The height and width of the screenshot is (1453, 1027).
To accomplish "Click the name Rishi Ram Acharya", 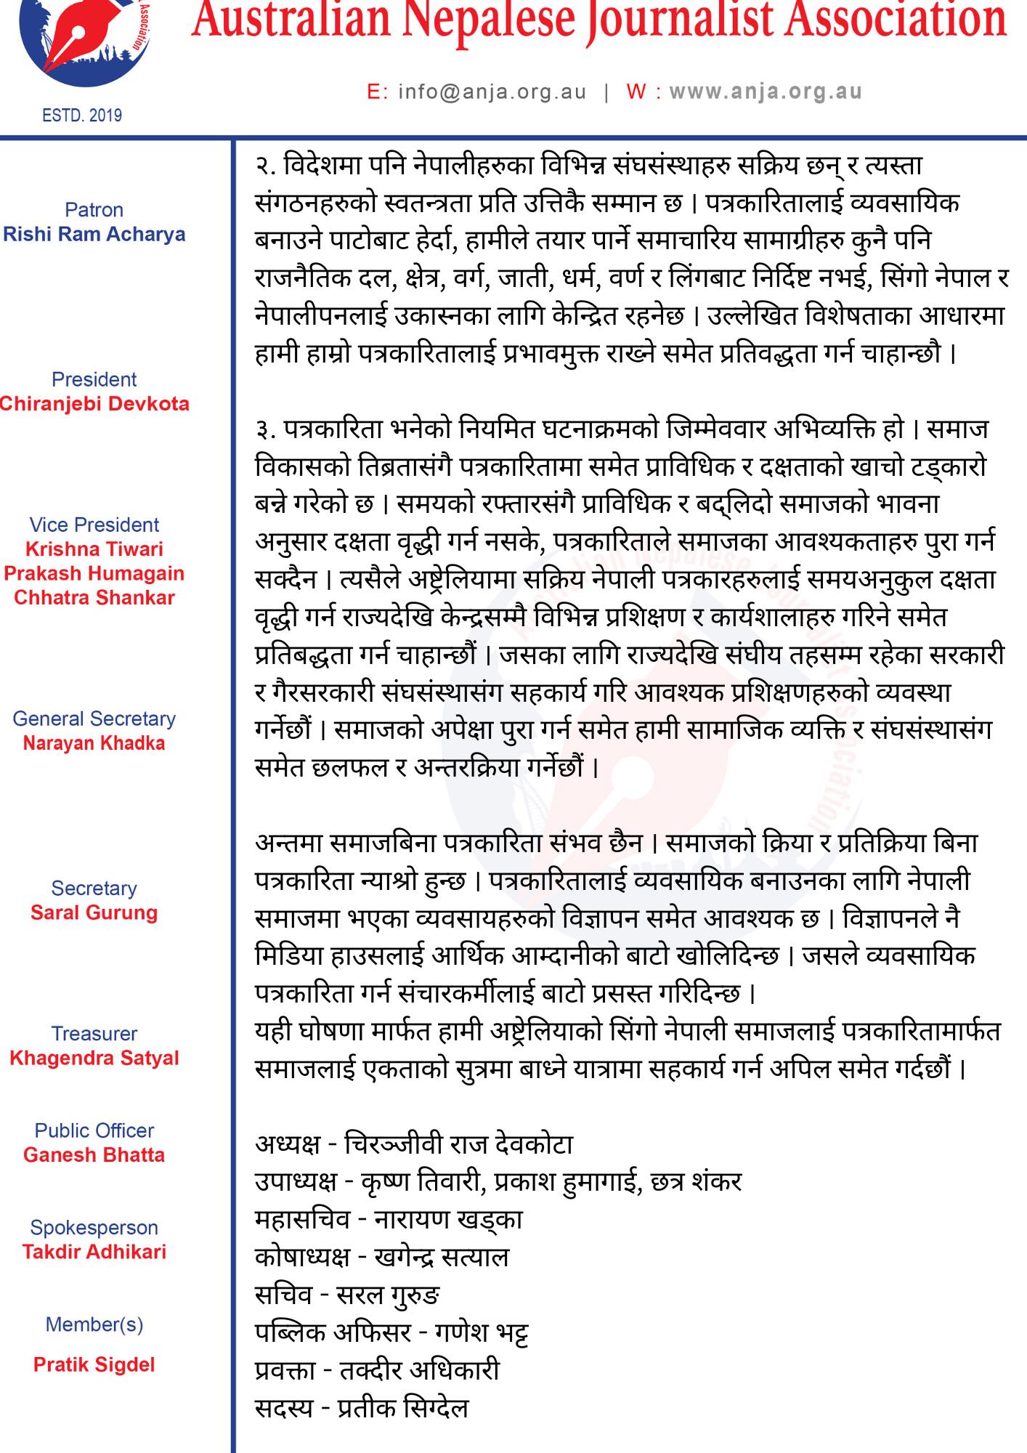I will click(94, 235).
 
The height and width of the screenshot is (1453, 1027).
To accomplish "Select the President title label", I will click(94, 379).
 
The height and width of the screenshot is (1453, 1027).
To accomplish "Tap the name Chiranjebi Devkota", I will click(94, 404).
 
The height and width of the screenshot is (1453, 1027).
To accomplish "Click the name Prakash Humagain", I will click(94, 573).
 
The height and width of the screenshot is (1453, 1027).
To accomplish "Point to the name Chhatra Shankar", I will click(94, 598).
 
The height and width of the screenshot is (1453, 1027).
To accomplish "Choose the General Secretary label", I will click(94, 719).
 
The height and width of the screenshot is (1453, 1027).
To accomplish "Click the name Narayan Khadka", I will click(94, 743).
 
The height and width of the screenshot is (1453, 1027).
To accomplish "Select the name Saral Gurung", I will click(94, 912).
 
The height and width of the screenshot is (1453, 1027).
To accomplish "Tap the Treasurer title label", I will click(94, 1033).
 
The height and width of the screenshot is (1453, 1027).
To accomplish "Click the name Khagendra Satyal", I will click(94, 1058).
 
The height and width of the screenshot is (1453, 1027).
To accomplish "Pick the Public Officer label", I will click(94, 1130).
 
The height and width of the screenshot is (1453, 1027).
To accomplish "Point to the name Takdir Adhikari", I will click(94, 1252).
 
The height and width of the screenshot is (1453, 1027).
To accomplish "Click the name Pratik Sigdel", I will click(94, 1364).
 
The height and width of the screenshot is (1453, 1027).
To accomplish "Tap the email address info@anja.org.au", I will click(492, 92).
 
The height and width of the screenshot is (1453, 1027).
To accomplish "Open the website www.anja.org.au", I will click(766, 92).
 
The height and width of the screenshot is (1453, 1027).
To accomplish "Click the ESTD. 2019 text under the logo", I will click(82, 116).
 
